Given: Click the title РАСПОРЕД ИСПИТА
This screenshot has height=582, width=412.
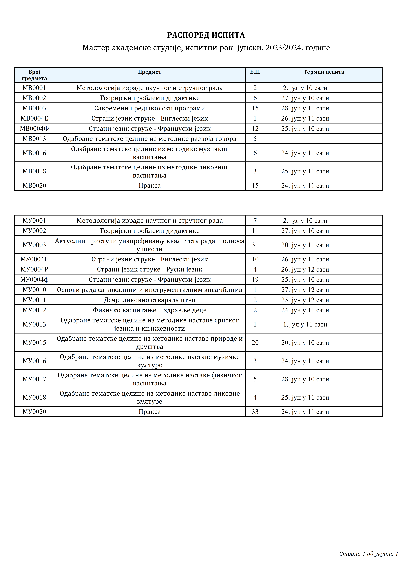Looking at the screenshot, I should [206, 35].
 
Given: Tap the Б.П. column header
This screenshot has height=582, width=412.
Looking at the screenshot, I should [255, 72].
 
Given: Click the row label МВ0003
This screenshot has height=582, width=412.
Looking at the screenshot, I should [34, 108].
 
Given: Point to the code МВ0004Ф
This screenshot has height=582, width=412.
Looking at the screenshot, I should [34, 128].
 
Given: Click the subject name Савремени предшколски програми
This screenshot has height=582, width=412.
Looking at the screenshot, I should [149, 108].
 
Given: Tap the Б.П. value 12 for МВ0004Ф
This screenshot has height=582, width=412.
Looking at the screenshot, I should [255, 128].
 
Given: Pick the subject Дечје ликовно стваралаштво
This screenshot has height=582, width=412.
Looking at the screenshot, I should [149, 300].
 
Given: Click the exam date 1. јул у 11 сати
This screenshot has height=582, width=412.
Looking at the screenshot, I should [305, 324].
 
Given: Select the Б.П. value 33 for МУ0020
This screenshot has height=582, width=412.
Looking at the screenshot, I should [255, 412].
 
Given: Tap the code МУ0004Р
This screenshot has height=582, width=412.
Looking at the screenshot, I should [34, 269].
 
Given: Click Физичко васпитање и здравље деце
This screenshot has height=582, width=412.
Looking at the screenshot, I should [149, 310].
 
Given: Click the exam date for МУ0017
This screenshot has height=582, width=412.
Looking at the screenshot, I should [305, 379].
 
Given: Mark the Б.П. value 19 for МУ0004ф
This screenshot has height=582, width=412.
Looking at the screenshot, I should [255, 280].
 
